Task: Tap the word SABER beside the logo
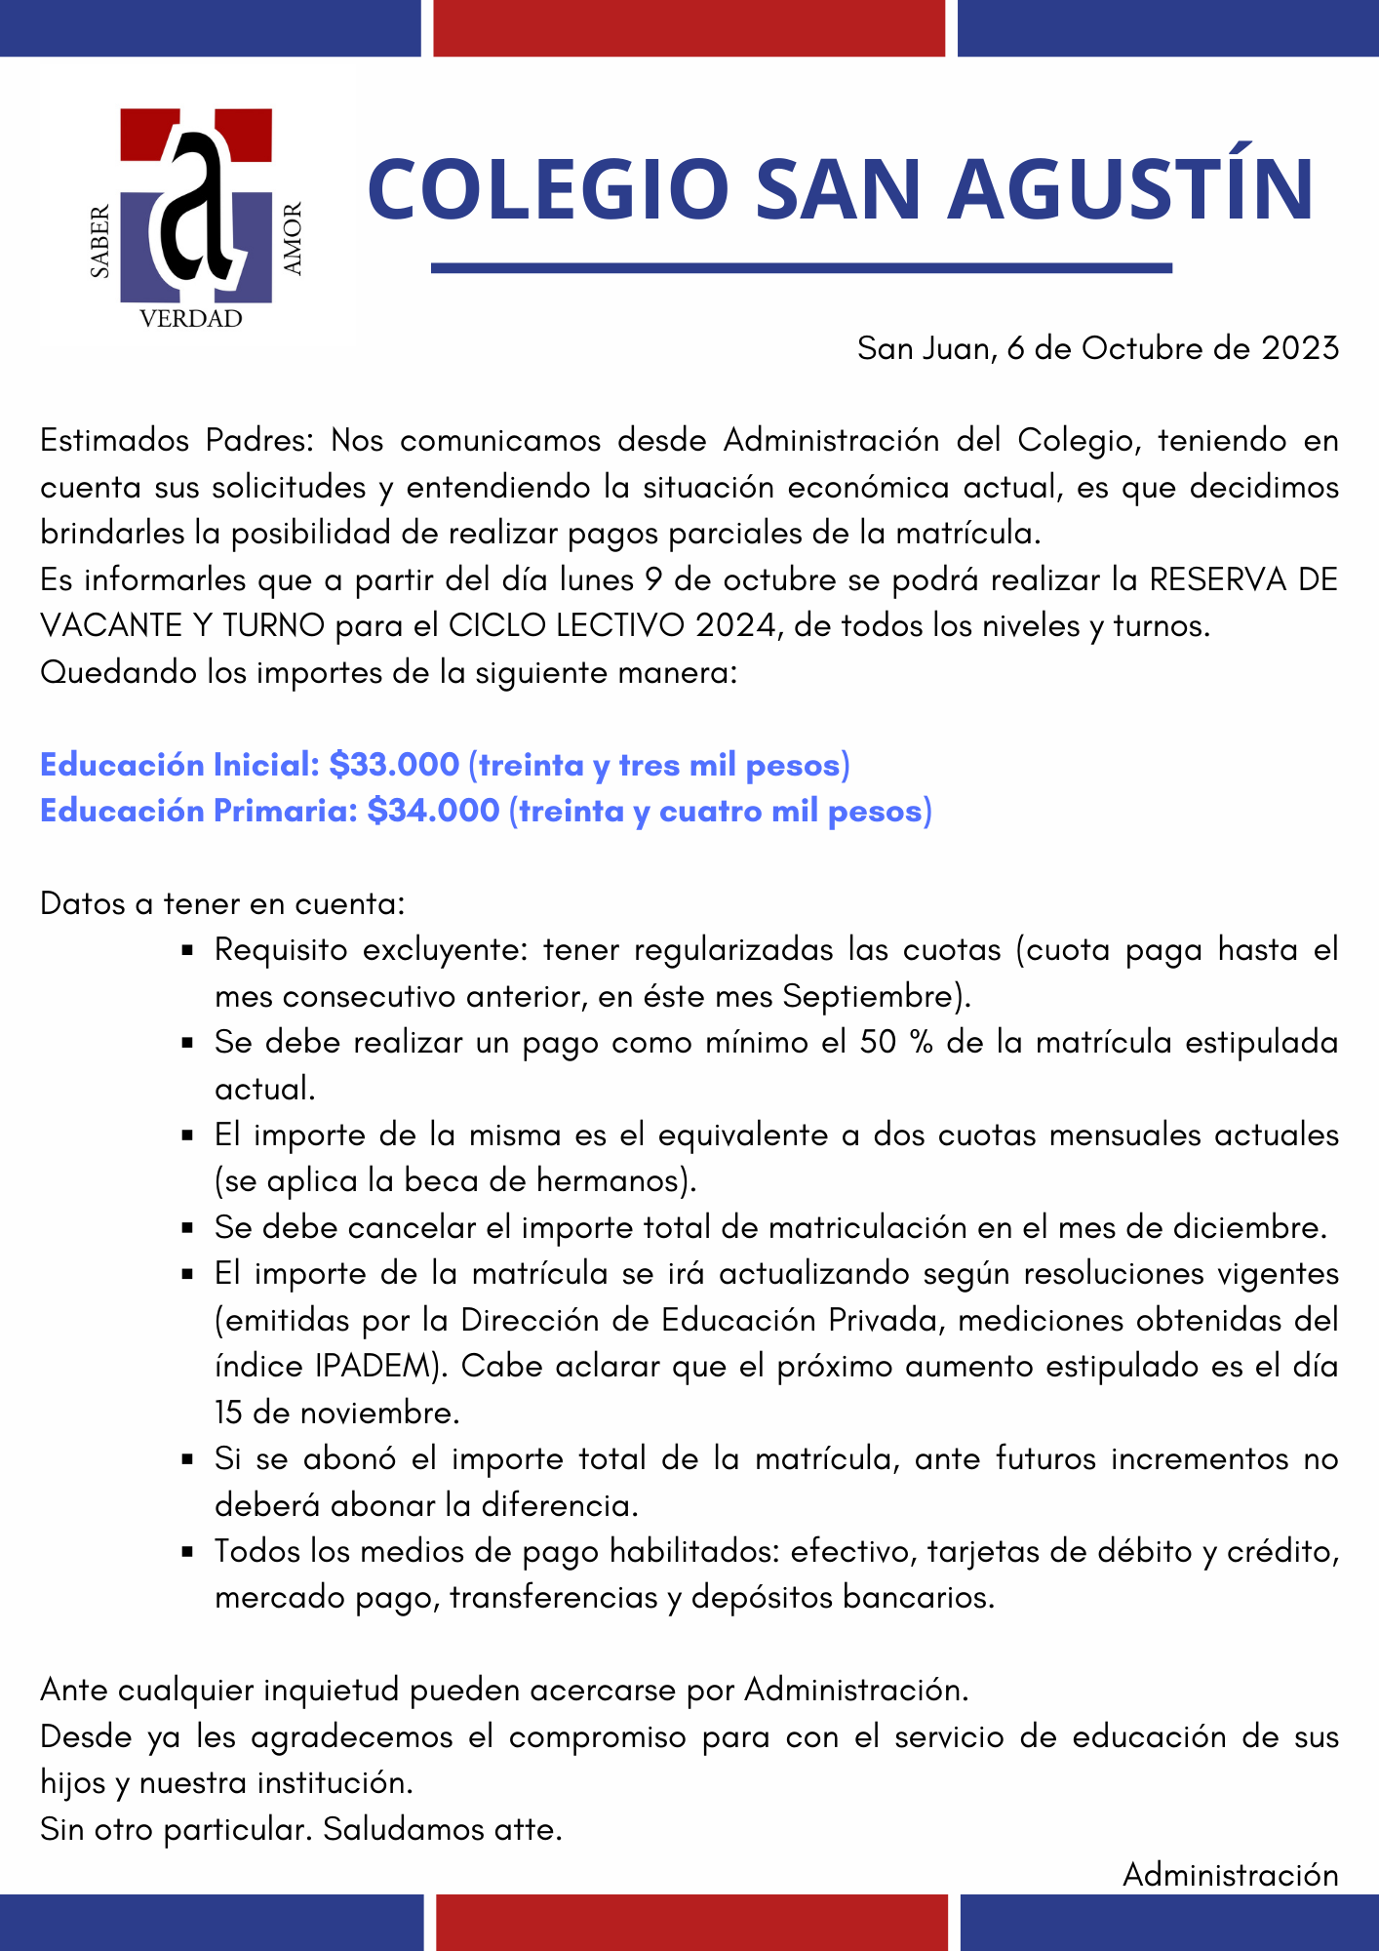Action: (99, 242)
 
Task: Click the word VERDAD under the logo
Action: (191, 319)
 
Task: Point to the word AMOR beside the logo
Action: (293, 238)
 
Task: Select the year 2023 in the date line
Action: (1300, 348)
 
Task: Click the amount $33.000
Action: (394, 765)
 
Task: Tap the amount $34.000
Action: (433, 811)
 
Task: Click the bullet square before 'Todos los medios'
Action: (188, 1552)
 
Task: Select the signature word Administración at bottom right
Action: (1230, 1874)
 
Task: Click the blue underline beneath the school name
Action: (801, 267)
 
